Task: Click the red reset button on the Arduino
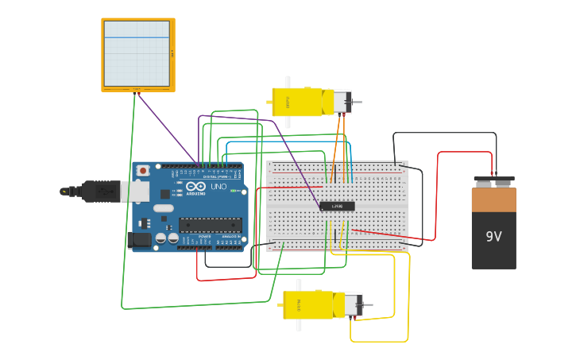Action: click(143, 170)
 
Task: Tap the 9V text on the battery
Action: click(493, 236)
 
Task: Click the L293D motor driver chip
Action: click(337, 207)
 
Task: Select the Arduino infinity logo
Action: click(195, 187)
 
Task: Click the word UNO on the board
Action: click(218, 188)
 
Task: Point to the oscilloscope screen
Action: click(137, 53)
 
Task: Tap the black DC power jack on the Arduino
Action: click(139, 239)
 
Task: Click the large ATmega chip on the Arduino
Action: click(210, 225)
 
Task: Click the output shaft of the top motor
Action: click(357, 102)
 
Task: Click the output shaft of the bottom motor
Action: click(368, 305)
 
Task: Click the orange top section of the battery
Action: click(493, 199)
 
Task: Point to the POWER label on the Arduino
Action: click(204, 237)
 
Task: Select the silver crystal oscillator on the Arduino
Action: click(163, 208)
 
